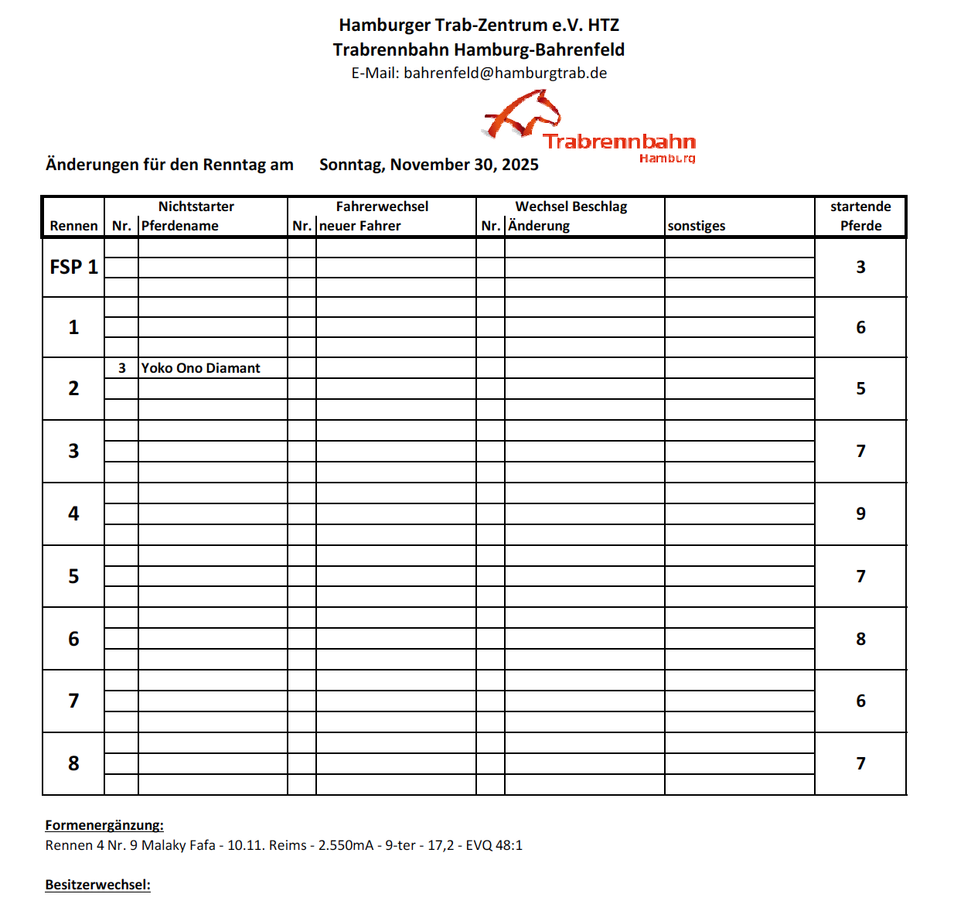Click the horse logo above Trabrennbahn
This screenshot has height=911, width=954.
pos(523,114)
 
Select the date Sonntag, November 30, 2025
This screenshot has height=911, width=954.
pos(428,165)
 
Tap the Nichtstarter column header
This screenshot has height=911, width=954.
pos(196,206)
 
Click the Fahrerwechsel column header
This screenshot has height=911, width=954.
pos(382,206)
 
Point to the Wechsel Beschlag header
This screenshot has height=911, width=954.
pos(571,206)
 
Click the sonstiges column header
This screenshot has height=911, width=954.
pos(697,226)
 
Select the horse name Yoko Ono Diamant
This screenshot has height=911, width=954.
pos(200,368)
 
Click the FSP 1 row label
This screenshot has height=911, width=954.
pos(73,267)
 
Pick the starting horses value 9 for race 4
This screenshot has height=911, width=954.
pos(860,514)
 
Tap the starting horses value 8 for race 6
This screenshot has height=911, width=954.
pos(860,639)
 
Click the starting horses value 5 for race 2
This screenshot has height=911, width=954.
pos(860,388)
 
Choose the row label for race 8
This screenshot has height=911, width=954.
pos(73,763)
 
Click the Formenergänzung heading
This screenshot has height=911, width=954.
pos(104,825)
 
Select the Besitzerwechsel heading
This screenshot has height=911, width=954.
pos(97,885)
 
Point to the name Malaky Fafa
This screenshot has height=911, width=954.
pos(179,845)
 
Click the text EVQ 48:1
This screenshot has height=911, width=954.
pos(494,845)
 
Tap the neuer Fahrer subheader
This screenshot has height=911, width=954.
pos(360,226)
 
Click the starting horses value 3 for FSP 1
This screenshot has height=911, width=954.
pos(860,267)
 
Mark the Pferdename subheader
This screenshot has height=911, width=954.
pos(180,226)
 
